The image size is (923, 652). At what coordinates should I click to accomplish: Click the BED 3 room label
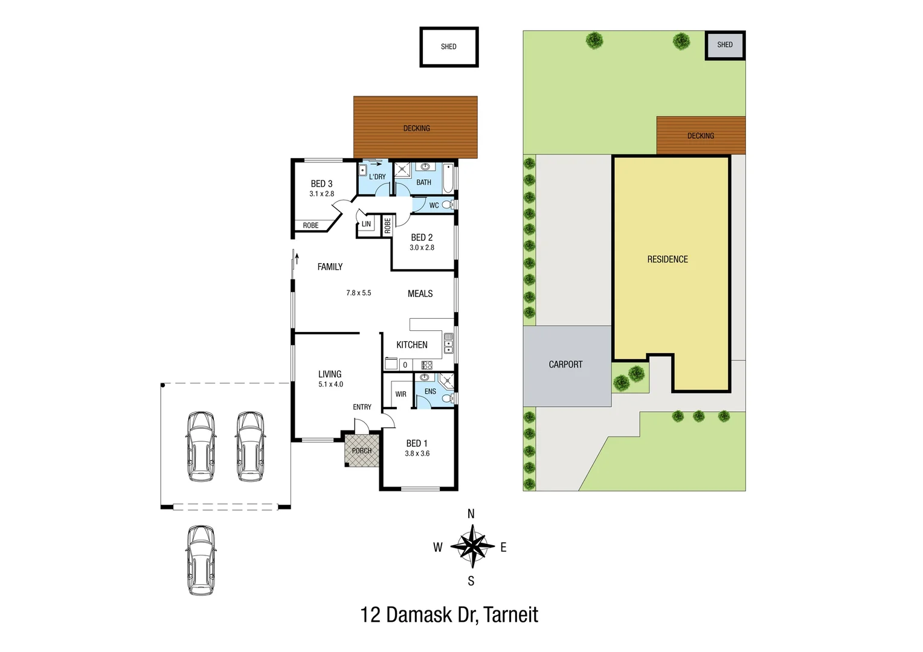(321, 184)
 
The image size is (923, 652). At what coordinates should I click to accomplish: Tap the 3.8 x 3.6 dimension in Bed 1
(417, 453)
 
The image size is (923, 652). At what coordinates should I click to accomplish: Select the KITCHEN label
(411, 345)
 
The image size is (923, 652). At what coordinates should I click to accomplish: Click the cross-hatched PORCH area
(362, 451)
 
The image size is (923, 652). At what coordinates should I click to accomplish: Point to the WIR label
(400, 394)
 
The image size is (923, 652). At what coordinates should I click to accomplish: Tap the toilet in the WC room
(447, 205)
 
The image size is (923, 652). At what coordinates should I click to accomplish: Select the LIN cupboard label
(366, 224)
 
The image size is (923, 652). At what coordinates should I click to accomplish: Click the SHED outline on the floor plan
(449, 46)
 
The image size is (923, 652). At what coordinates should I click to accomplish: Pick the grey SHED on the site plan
(725, 45)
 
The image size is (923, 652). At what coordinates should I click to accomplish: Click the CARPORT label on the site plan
(565, 365)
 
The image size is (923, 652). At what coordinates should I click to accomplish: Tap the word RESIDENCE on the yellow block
(667, 260)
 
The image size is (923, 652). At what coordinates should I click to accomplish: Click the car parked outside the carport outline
(201, 560)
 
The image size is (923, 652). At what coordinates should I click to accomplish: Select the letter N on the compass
(471, 514)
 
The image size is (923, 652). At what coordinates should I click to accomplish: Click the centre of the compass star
(472, 546)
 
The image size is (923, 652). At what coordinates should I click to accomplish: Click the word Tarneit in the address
(510, 615)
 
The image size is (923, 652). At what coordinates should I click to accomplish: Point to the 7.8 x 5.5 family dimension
(358, 293)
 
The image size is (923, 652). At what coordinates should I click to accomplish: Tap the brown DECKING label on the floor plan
(416, 128)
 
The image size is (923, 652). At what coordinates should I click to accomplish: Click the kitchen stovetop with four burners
(426, 365)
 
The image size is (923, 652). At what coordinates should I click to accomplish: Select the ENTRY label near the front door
(362, 407)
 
